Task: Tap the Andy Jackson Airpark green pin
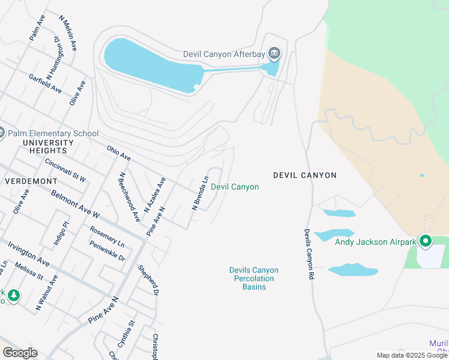tap(426, 242)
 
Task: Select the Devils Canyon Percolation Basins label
tap(254, 278)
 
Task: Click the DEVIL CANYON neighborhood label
tap(305, 175)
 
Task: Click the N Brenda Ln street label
tap(200, 193)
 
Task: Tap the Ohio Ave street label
tap(119, 153)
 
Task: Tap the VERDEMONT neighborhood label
tap(31, 181)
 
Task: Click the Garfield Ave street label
tap(45, 83)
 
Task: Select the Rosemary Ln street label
tap(107, 237)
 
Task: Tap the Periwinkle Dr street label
tap(107, 251)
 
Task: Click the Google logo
tap(20, 353)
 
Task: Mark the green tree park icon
tap(13, 295)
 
